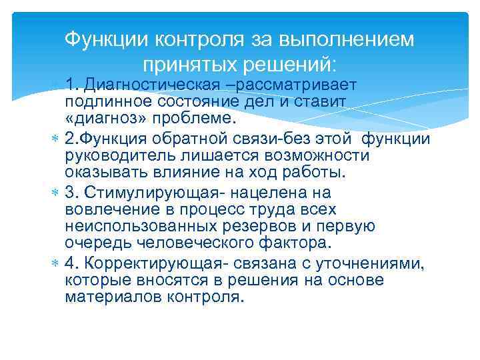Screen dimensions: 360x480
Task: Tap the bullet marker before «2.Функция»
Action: click(x=55, y=139)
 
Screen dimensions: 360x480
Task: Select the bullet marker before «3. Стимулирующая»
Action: click(x=55, y=193)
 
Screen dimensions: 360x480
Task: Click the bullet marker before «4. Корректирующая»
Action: click(x=55, y=263)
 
